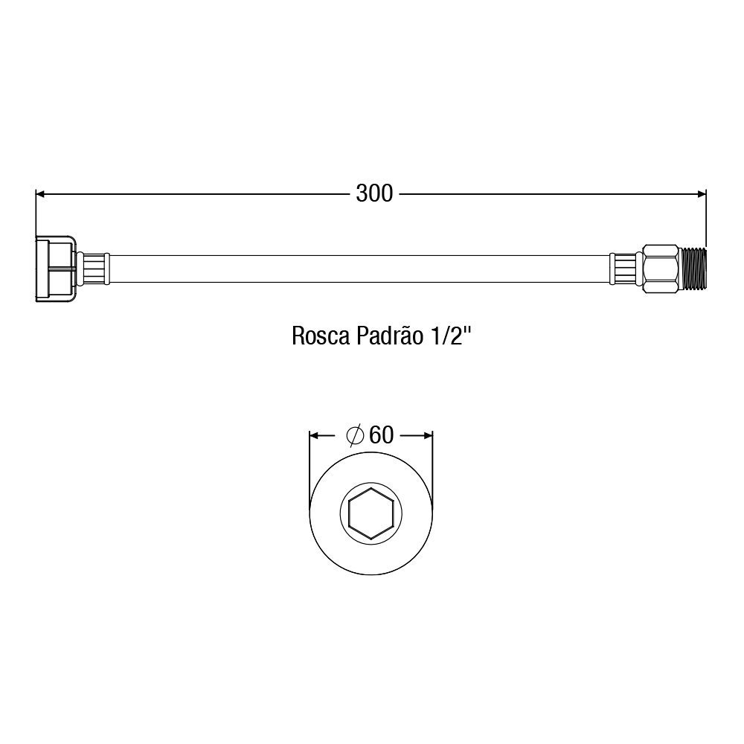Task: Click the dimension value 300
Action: coord(373,194)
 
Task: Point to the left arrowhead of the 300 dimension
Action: coord(42,194)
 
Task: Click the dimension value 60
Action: coord(380,434)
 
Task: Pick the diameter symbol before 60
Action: coord(355,434)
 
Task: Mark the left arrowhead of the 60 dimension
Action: coord(314,434)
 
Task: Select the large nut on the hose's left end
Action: coord(56,269)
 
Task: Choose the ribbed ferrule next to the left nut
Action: coord(94,269)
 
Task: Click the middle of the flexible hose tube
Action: coord(357,269)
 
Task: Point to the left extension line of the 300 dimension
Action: coord(36,216)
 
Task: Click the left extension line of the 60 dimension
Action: coord(310,461)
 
